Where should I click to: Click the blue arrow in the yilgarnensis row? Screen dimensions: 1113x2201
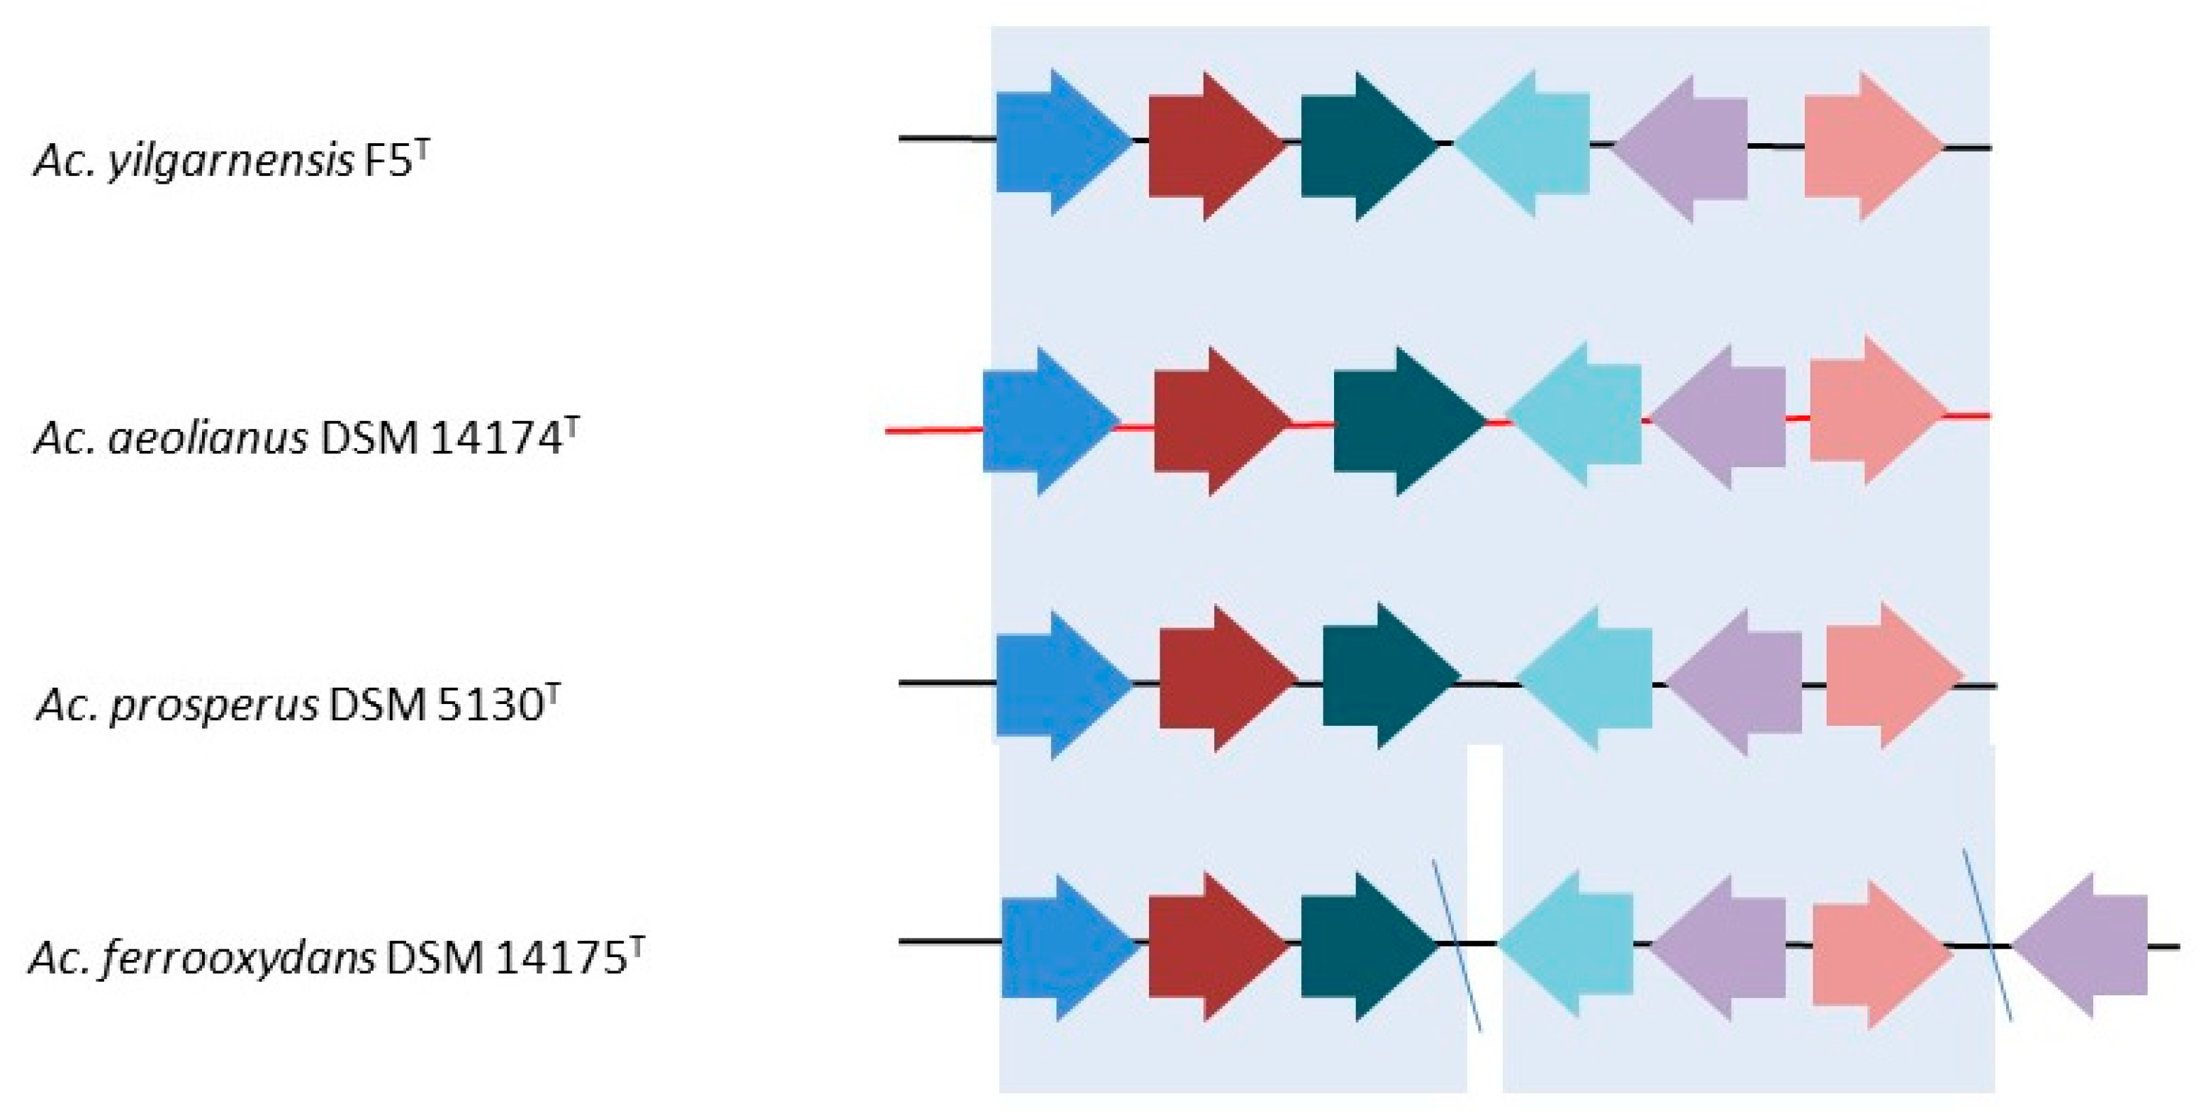1060,142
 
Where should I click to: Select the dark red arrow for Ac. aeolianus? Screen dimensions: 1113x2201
1218,421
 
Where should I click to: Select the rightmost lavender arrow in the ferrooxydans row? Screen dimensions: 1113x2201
2085,945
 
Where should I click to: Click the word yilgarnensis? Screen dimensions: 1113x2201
230,161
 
